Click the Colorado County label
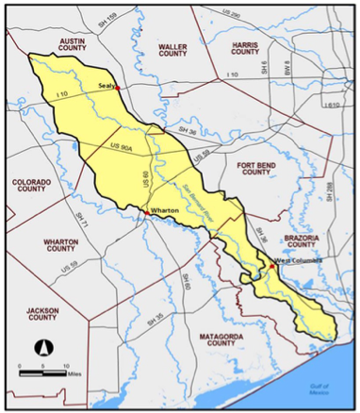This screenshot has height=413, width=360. [36, 185]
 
